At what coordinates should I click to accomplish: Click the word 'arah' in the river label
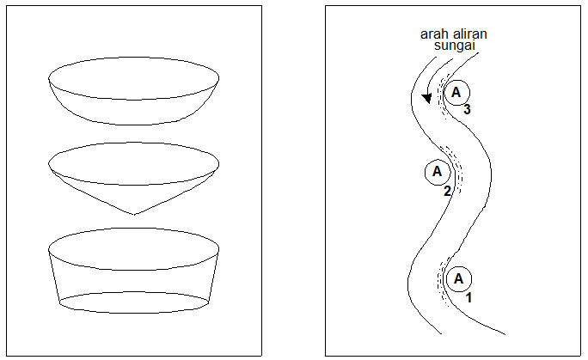[x=432, y=34]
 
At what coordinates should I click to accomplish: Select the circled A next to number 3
[x=457, y=91]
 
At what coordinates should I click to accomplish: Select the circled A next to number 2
[x=437, y=171]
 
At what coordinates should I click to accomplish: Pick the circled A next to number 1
[x=458, y=278]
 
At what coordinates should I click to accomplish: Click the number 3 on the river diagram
[x=467, y=110]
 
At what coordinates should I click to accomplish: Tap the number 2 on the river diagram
[x=447, y=191]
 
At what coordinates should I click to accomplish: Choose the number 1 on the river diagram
[x=469, y=297]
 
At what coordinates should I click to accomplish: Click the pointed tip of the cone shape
[x=133, y=214]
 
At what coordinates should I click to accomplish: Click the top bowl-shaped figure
[x=133, y=90]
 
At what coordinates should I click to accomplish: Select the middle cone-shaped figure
[x=133, y=176]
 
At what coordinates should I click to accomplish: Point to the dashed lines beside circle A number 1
[x=443, y=279]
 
